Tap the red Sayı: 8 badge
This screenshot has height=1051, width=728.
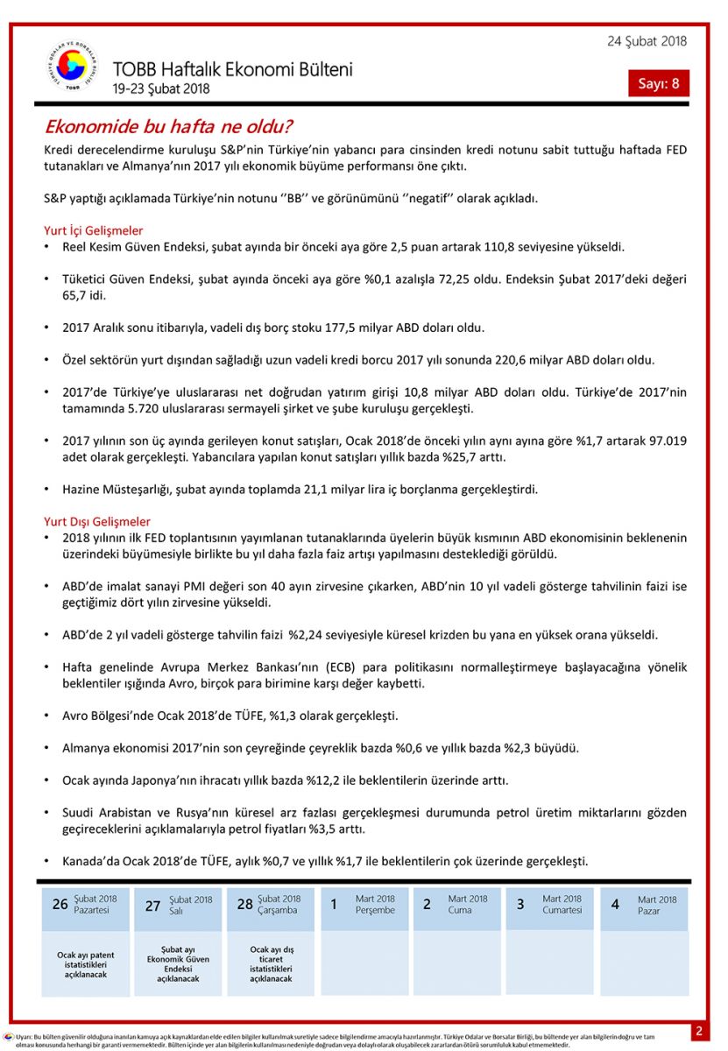tap(658, 83)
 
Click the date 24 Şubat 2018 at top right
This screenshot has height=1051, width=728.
tap(647, 41)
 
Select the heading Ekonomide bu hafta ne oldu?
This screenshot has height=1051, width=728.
tap(168, 126)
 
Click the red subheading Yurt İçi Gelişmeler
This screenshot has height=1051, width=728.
tap(94, 230)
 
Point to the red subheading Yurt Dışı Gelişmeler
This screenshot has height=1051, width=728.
tap(97, 521)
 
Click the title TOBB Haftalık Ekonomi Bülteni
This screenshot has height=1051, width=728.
tap(232, 69)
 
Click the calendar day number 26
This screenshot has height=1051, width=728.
tap(60, 904)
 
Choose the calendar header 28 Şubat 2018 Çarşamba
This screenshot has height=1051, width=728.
tap(270, 904)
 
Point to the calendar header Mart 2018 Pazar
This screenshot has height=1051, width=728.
tap(644, 905)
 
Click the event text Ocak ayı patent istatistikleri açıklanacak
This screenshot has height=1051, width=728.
tap(85, 964)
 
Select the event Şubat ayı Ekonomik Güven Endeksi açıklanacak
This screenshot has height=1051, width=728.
tap(178, 964)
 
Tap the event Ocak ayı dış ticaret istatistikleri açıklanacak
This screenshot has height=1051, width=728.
tap(271, 963)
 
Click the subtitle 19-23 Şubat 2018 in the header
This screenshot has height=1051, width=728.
tap(161, 88)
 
